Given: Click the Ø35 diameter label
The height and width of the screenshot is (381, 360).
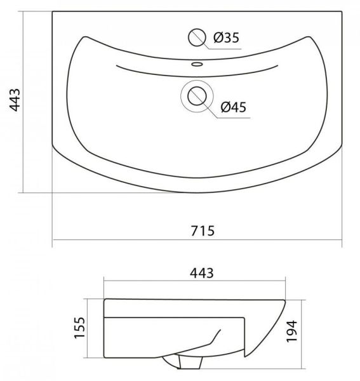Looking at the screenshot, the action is pyautogui.click(x=226, y=38).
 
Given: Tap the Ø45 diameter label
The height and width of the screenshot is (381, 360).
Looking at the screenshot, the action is pyautogui.click(x=234, y=107).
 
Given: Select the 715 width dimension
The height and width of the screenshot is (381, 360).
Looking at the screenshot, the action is pyautogui.click(x=203, y=231).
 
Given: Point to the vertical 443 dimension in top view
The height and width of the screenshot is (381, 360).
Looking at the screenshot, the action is pyautogui.click(x=15, y=100).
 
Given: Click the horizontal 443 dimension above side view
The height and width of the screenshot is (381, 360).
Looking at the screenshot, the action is pyautogui.click(x=202, y=273).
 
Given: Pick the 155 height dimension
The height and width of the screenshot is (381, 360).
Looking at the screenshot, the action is pyautogui.click(x=79, y=328).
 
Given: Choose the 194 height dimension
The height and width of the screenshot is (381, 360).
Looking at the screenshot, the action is pyautogui.click(x=291, y=331).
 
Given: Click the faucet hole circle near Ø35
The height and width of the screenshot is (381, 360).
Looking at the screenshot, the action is pyautogui.click(x=197, y=37).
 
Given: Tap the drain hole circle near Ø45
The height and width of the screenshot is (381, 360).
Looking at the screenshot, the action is pyautogui.click(x=197, y=97).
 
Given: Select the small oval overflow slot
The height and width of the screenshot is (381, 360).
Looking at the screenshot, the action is pyautogui.click(x=197, y=64).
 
